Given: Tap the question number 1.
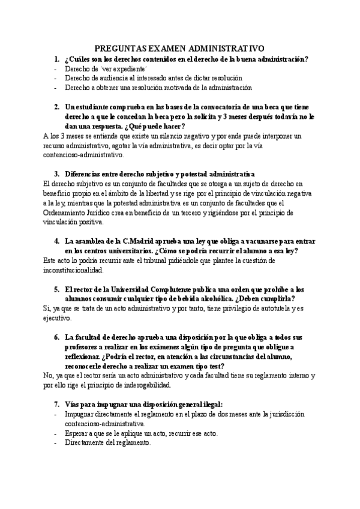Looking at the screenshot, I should tap(56, 59).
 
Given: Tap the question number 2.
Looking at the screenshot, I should tap(56, 107).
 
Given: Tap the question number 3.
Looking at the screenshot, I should tap(56, 174).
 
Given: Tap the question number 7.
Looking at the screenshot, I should tap(56, 405).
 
